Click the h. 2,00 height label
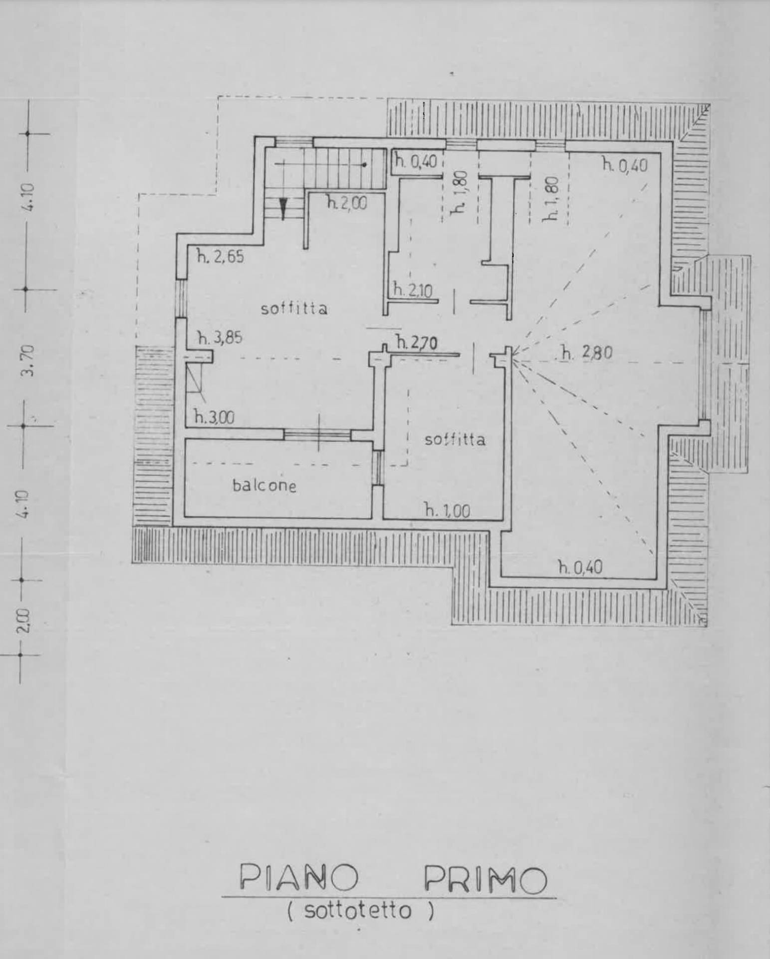tap(347, 203)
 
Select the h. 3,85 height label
tap(220, 338)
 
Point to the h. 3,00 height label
tap(214, 417)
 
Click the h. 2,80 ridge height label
tap(586, 353)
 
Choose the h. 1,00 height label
tap(447, 510)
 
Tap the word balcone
tap(264, 485)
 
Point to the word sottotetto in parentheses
tap(358, 912)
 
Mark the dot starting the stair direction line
tap(365, 164)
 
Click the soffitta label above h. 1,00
tap(455, 440)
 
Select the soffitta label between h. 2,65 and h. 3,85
tap(294, 309)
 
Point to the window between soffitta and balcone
tap(318, 435)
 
